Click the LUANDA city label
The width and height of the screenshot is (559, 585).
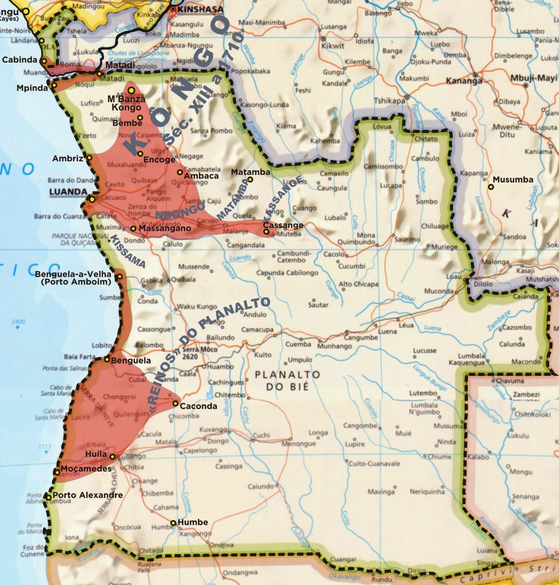click(x=68, y=192)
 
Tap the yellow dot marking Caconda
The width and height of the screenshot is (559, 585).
click(x=175, y=403)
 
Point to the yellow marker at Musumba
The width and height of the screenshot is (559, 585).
click(x=491, y=187)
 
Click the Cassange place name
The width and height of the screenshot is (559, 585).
click(x=283, y=225)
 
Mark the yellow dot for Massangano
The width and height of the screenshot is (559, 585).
click(x=133, y=228)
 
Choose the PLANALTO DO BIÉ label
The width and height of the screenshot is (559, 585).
click(x=287, y=380)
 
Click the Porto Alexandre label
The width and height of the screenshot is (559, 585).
click(x=87, y=495)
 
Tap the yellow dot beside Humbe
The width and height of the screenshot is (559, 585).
click(x=173, y=523)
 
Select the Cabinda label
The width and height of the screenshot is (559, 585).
click(x=20, y=60)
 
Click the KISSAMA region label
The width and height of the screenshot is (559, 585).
click(x=127, y=251)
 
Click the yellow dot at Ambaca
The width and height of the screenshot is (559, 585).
click(x=180, y=172)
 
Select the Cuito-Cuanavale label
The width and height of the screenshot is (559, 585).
click(x=374, y=464)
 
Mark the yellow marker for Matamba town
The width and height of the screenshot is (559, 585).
click(x=250, y=179)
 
